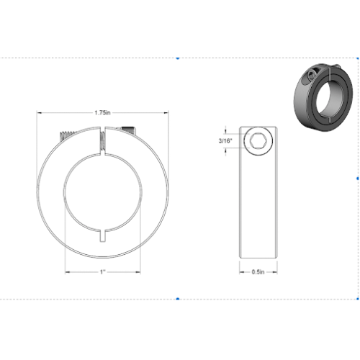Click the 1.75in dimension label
coord(102,113)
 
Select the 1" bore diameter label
coord(103,272)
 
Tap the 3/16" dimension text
coord(224,141)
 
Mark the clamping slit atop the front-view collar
coord(102,140)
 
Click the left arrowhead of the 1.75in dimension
coord(40,113)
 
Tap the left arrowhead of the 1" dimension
coord(68,272)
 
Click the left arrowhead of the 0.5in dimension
coord(240,272)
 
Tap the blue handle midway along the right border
coord(358,176)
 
